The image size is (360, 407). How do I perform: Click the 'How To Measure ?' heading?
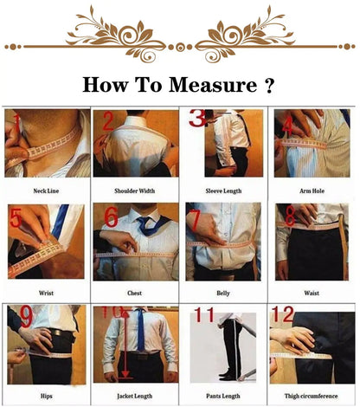(179, 85)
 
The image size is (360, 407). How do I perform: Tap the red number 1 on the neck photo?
(15, 123)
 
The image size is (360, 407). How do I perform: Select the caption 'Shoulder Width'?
(135, 191)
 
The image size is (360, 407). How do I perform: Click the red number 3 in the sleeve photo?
(198, 120)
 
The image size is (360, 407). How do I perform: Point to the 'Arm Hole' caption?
(312, 191)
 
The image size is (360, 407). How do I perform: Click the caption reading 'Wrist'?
(45, 293)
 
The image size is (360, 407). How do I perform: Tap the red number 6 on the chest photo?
(111, 217)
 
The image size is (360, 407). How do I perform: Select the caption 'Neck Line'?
(45, 191)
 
